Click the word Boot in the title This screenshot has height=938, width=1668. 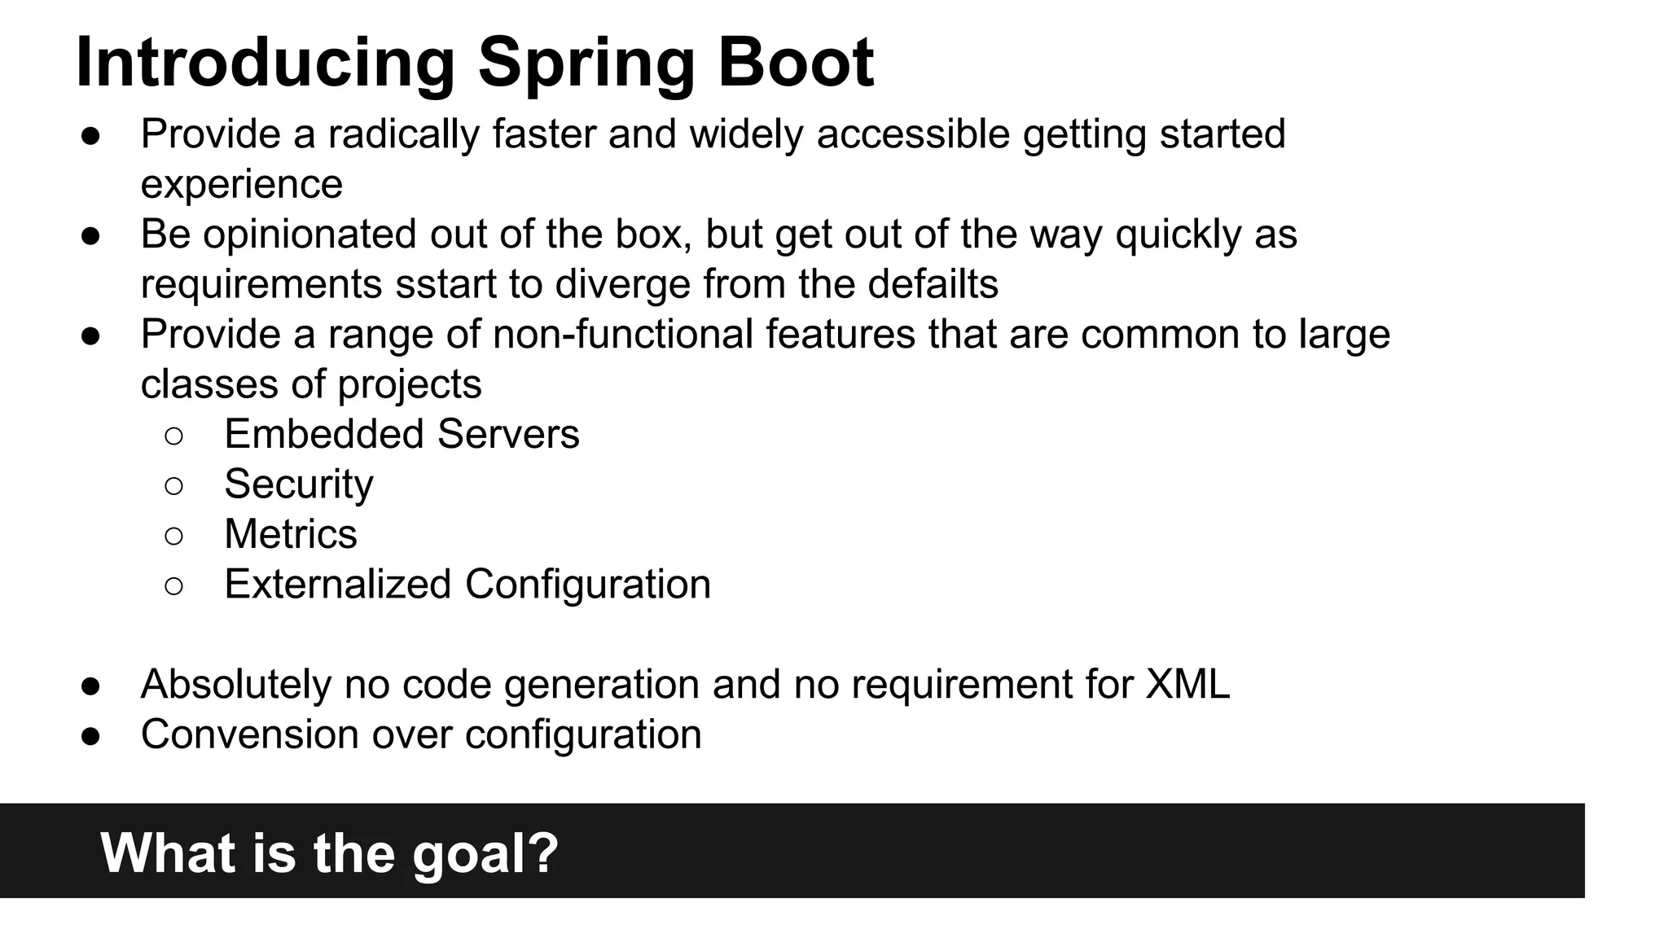click(795, 63)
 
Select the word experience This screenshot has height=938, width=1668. click(241, 184)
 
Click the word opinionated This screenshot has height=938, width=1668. click(309, 234)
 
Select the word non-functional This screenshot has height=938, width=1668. click(623, 335)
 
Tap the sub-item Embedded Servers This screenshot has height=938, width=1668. click(402, 434)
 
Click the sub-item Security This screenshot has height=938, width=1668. click(298, 484)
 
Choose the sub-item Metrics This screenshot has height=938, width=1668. click(290, 534)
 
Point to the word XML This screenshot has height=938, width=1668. click(1187, 684)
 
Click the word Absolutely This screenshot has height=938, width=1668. click(235, 684)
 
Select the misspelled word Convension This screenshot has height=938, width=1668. click(249, 734)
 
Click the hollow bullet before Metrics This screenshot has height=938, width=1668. click(173, 536)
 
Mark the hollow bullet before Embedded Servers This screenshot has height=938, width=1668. click(173, 436)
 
